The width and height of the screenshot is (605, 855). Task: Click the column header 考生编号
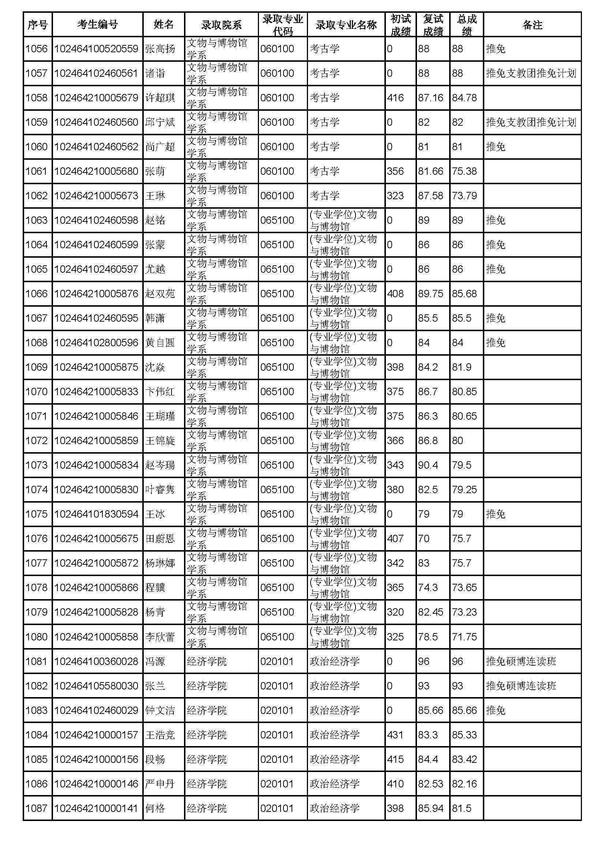[97, 24]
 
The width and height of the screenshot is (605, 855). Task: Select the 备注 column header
[532, 24]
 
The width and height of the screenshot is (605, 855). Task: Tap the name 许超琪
[160, 98]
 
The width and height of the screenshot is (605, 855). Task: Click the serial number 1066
[37, 294]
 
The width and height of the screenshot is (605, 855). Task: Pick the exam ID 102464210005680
[97, 171]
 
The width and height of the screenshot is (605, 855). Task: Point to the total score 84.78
[464, 98]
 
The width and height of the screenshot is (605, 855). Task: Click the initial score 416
[395, 98]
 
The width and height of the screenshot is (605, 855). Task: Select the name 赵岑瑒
[160, 465]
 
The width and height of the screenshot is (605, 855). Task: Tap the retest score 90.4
[428, 465]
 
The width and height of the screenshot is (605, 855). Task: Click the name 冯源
[155, 661]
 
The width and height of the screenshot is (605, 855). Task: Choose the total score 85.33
[464, 735]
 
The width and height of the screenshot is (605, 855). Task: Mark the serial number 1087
[37, 809]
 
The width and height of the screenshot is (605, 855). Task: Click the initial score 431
[395, 735]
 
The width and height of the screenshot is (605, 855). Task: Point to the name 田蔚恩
[160, 538]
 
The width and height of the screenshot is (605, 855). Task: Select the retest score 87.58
[431, 196]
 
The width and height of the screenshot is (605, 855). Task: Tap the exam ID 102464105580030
[97, 686]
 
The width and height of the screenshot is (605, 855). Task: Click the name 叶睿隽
[160, 490]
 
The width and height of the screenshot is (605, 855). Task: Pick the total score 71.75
[464, 637]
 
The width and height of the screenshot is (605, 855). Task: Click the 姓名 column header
[164, 24]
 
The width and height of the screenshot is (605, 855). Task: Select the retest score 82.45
[431, 612]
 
